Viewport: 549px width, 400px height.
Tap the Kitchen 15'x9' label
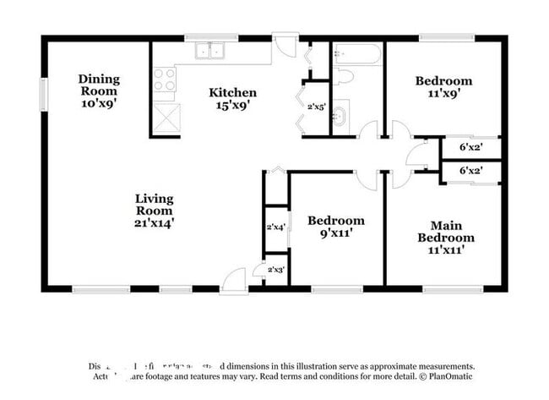(233, 99)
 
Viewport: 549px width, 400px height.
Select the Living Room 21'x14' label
(154, 211)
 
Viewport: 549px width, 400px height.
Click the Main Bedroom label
(445, 238)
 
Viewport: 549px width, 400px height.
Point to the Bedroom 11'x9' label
(443, 88)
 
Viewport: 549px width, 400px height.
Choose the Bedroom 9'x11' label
(335, 226)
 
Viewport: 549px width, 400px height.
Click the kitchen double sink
(209, 52)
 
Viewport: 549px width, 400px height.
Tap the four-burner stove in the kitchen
(165, 80)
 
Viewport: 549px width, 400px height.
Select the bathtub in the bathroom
(357, 55)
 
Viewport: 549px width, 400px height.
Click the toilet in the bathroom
(343, 76)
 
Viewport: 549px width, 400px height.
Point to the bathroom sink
(340, 116)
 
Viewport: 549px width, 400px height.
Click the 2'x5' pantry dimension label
(317, 107)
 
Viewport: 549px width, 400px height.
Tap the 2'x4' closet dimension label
(275, 227)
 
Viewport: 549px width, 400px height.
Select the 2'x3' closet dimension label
(275, 270)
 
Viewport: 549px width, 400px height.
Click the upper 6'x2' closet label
(471, 146)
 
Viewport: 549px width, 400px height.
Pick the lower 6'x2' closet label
(471, 171)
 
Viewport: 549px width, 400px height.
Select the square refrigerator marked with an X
(166, 118)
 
